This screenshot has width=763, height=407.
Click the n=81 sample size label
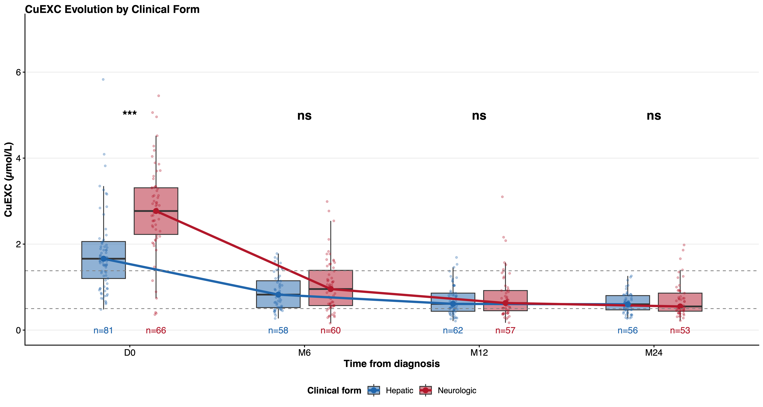tap(103, 331)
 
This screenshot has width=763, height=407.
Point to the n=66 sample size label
tap(156, 331)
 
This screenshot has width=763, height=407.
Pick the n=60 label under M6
tap(331, 331)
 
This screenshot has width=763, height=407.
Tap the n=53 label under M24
tap(680, 331)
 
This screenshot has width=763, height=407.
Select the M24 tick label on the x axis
tap(654, 353)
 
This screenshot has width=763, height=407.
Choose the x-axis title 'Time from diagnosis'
tap(392, 364)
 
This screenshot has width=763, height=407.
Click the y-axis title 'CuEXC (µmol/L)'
tap(8, 180)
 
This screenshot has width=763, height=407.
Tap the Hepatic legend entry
tap(390, 390)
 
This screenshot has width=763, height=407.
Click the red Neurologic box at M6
tap(331, 288)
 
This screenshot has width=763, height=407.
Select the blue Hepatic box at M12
tap(453, 302)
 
